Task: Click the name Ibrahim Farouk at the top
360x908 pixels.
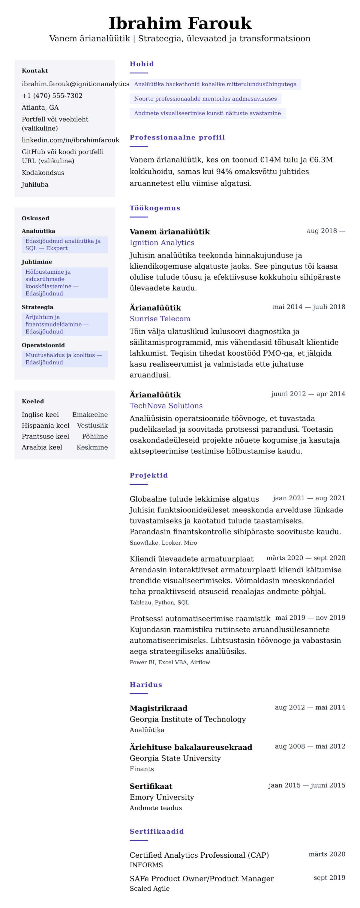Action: click(180, 23)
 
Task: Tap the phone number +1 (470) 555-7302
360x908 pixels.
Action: click(52, 96)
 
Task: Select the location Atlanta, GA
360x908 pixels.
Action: click(40, 108)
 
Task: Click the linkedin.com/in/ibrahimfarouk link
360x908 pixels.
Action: click(70, 140)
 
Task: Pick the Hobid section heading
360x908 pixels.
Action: click(141, 64)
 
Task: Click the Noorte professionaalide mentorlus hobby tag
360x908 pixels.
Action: click(205, 99)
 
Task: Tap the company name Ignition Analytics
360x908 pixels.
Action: click(162, 243)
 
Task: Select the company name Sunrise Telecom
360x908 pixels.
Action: click(160, 319)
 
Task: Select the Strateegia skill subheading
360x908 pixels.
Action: click(37, 307)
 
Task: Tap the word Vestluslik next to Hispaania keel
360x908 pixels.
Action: click(92, 425)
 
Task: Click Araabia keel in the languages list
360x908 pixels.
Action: click(42, 447)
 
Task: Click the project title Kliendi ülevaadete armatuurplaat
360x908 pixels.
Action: click(191, 559)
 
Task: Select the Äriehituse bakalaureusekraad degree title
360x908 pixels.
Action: click(191, 747)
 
